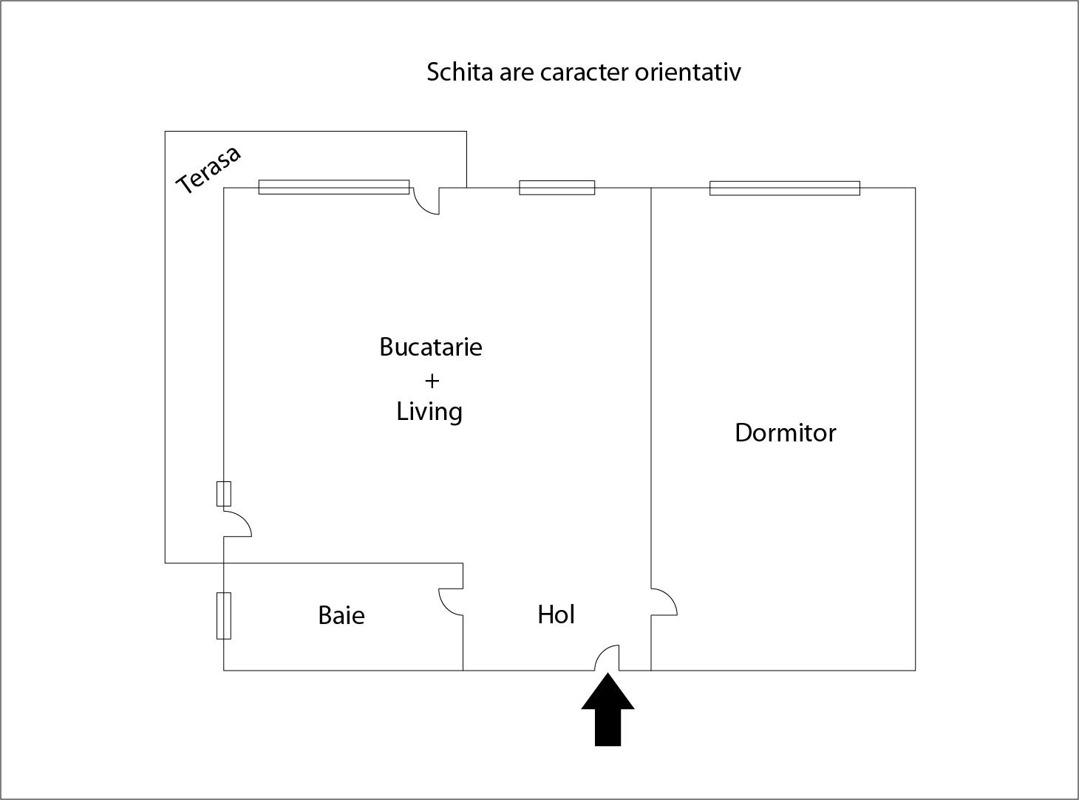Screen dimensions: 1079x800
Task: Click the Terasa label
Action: pyautogui.click(x=208, y=169)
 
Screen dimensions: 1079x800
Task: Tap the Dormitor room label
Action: pyautogui.click(x=785, y=433)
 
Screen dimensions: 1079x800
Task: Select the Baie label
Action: pyautogui.click(x=341, y=615)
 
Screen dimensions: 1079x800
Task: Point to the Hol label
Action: pyautogui.click(x=556, y=614)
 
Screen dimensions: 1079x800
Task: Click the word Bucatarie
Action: pyautogui.click(x=431, y=347)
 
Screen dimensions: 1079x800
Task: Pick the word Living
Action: pyautogui.click(x=429, y=412)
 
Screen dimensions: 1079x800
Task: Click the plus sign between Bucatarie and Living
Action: pyautogui.click(x=432, y=381)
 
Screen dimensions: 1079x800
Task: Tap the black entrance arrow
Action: pyautogui.click(x=607, y=710)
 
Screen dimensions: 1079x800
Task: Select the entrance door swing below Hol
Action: pyautogui.click(x=607, y=657)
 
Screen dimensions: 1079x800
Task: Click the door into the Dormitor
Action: pyautogui.click(x=664, y=602)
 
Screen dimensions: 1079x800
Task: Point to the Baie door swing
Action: pyautogui.click(x=451, y=602)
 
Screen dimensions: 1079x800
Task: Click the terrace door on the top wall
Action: pyautogui.click(x=426, y=200)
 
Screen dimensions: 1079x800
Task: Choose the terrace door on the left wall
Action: pyautogui.click(x=237, y=523)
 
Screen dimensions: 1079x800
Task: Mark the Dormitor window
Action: pyautogui.click(x=785, y=188)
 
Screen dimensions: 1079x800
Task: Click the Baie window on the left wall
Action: pyautogui.click(x=224, y=615)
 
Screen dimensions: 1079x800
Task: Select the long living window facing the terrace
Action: pyautogui.click(x=334, y=187)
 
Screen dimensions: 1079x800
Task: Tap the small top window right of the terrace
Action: pyautogui.click(x=557, y=188)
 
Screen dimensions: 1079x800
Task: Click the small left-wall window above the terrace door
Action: pyautogui.click(x=224, y=494)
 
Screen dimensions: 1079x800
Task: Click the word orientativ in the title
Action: pyautogui.click(x=688, y=72)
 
